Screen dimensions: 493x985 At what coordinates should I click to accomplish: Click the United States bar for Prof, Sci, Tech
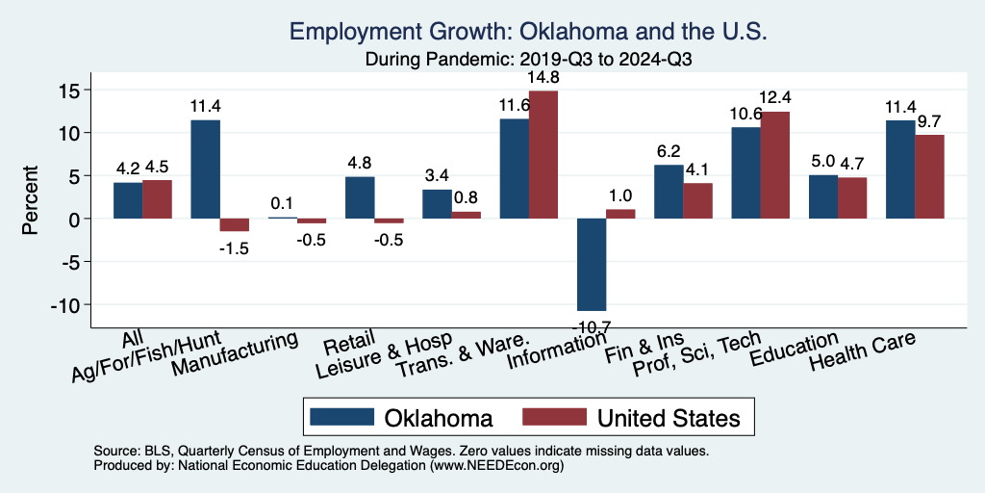click(775, 165)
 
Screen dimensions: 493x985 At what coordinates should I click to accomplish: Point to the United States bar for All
click(158, 199)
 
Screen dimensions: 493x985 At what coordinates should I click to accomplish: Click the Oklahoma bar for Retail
click(360, 197)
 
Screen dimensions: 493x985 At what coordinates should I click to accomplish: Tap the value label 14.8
click(543, 78)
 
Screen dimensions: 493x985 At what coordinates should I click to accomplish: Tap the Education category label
click(795, 351)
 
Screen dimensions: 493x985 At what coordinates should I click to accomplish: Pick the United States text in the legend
click(669, 417)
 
